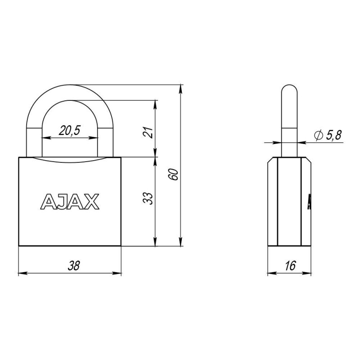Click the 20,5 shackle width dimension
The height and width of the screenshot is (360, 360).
coord(69,130)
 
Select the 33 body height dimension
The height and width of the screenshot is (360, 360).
coord(148,198)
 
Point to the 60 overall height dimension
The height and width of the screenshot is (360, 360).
coord(173,175)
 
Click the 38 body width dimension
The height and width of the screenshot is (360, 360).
coord(73,265)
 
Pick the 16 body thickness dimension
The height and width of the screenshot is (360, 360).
coord(290,265)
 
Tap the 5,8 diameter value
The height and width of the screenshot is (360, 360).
coord(333,135)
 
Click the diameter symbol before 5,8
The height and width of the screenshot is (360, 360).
coord(319,135)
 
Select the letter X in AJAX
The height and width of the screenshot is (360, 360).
coord(92,202)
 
